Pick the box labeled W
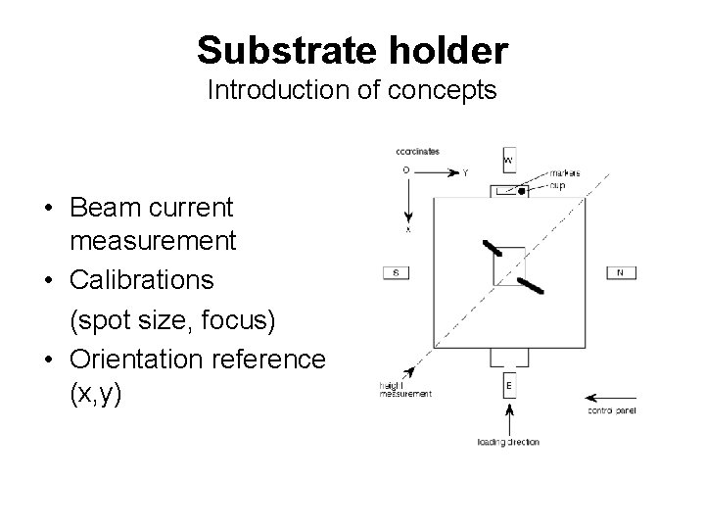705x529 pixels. tap(509, 159)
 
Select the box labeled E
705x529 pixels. tap(509, 385)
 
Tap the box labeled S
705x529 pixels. tap(394, 272)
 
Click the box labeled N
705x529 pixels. tap(620, 272)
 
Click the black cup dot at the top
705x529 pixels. tap(522, 192)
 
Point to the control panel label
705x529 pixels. tap(611, 411)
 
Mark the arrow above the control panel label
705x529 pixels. tap(609, 398)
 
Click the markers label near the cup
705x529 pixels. tap(564, 173)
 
